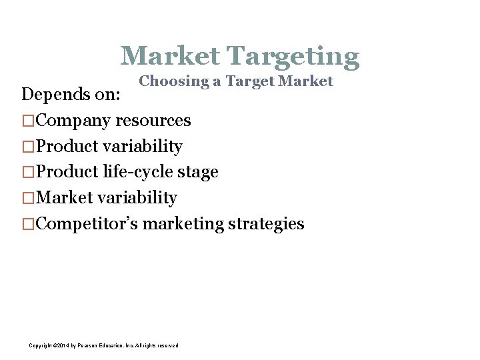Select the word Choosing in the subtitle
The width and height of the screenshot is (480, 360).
click(x=171, y=81)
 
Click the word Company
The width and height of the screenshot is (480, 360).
click(x=73, y=121)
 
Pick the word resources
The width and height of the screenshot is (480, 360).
click(x=153, y=121)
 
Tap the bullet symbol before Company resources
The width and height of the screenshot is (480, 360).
click(x=27, y=121)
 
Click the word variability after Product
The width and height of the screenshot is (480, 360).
click(x=143, y=146)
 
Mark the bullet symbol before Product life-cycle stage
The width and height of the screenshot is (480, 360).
click(x=27, y=172)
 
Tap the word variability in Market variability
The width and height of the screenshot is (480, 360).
click(x=138, y=198)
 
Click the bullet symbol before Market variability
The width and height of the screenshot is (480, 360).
click(x=27, y=198)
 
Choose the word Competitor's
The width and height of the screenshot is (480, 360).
click(x=87, y=224)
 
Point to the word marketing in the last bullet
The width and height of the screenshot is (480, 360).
click(x=183, y=224)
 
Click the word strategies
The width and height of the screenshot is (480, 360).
click(x=266, y=224)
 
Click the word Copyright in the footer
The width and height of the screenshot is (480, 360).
click(x=41, y=345)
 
